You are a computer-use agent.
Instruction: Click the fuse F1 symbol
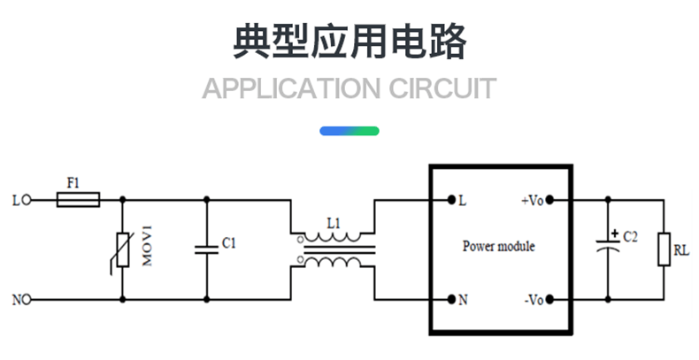(78, 201)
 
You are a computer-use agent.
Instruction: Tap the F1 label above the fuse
(73, 182)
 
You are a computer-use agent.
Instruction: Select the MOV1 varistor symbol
(121, 250)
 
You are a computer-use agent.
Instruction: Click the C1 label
(228, 242)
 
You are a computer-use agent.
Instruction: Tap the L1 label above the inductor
(333, 224)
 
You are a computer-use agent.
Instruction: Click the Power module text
(498, 247)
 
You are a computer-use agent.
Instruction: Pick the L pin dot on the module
(450, 200)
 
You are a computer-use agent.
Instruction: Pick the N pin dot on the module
(450, 300)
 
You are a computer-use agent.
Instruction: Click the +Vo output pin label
(532, 201)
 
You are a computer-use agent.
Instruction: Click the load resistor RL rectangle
(663, 249)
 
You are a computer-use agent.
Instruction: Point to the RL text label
(681, 251)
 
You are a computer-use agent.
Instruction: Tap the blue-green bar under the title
(349, 131)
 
